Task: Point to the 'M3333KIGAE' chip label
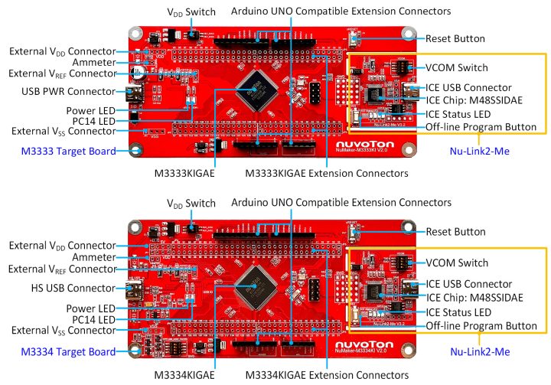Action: click(x=189, y=174)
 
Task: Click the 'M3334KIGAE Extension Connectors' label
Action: click(x=327, y=376)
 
